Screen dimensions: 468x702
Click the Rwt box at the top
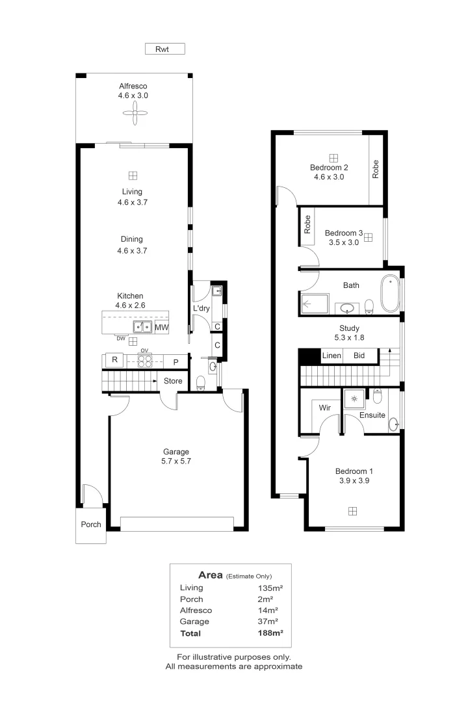(x=165, y=49)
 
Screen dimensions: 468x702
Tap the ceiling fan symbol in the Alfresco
(x=135, y=112)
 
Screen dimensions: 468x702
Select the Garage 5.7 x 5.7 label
(x=176, y=456)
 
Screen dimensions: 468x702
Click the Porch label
(x=91, y=525)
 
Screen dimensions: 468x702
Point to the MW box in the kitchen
(x=161, y=327)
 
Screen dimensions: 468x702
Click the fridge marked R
(x=114, y=360)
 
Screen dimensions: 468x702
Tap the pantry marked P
(x=176, y=362)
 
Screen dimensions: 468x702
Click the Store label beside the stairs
(x=173, y=381)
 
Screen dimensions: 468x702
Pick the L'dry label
(x=201, y=308)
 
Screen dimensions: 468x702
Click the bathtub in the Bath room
(x=389, y=294)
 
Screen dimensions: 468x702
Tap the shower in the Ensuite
(x=354, y=398)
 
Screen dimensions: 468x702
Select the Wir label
(x=325, y=408)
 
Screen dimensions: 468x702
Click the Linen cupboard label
(x=331, y=356)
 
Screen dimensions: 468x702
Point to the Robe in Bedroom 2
(x=376, y=169)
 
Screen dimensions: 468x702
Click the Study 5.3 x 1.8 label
(x=349, y=333)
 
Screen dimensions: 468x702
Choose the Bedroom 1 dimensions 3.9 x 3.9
(x=354, y=480)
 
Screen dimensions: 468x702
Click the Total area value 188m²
(x=270, y=633)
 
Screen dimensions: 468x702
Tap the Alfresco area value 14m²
(x=268, y=610)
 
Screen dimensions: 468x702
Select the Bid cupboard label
(x=359, y=356)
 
